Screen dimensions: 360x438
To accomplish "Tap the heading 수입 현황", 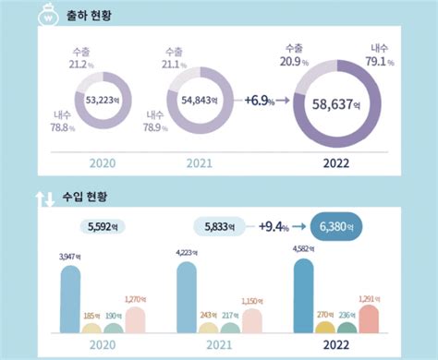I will coord(87,197).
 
